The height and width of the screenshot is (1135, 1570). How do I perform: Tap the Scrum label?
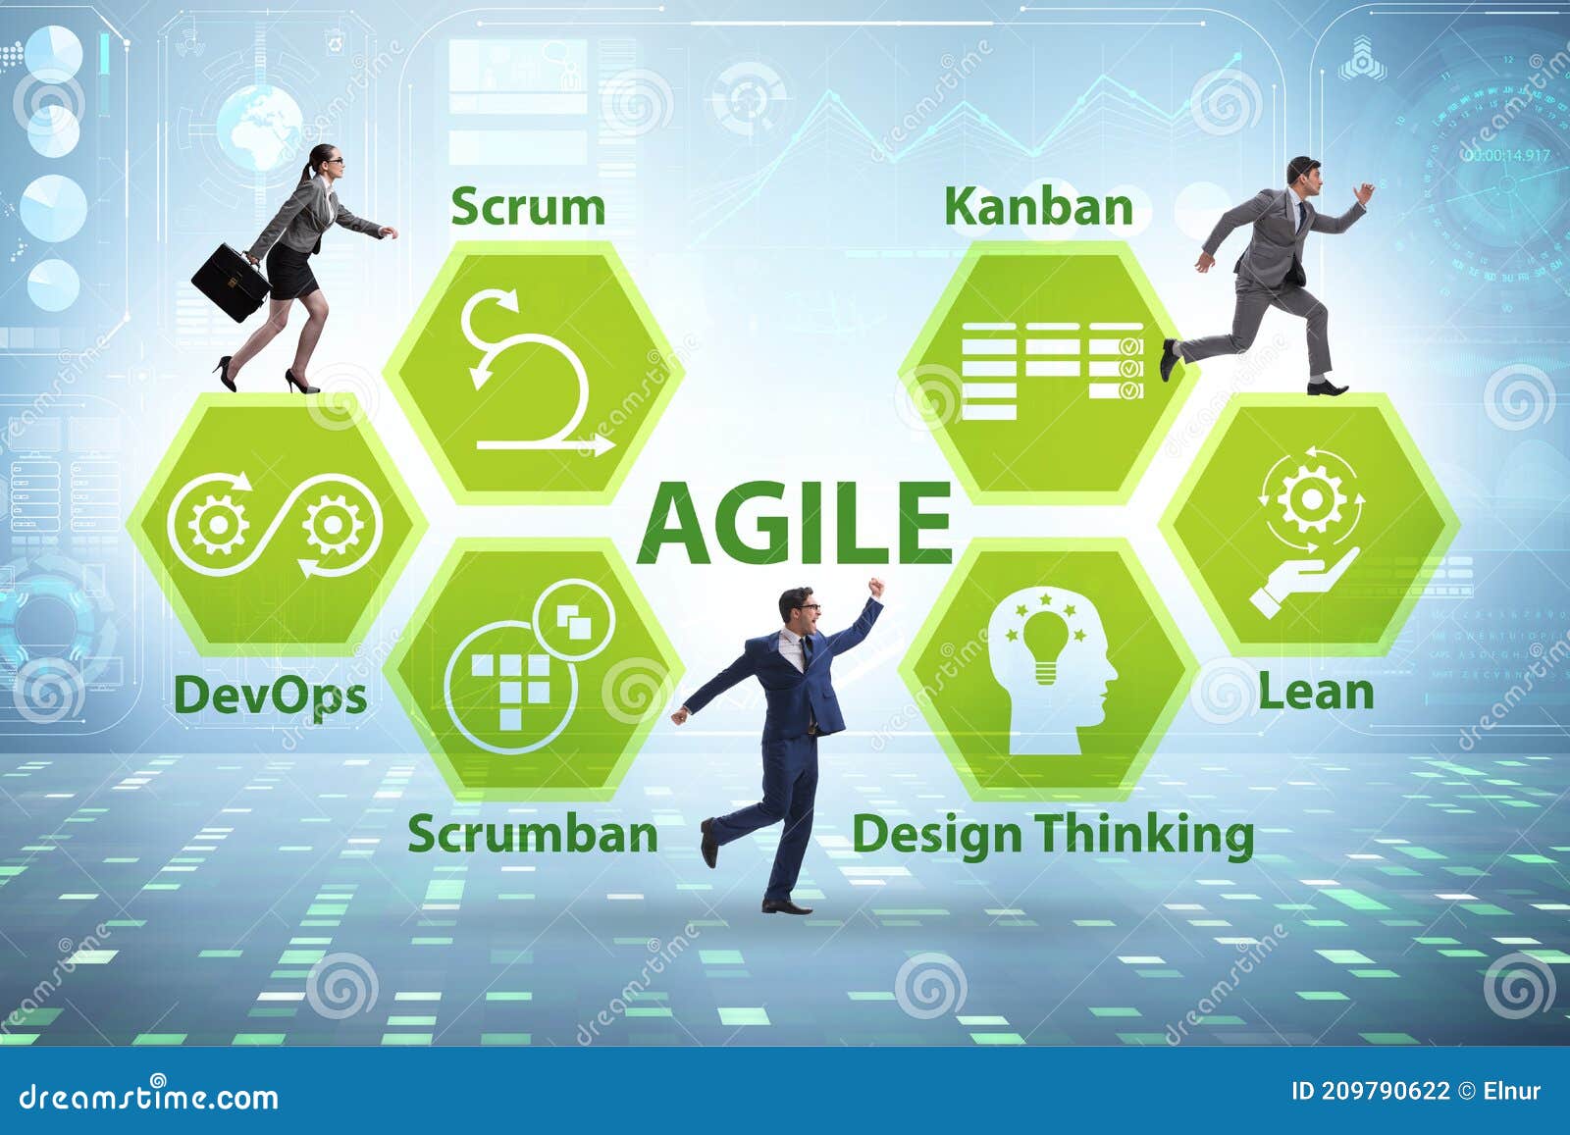tap(528, 207)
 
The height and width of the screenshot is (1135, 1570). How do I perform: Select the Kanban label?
tap(1038, 207)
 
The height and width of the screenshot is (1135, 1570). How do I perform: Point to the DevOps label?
tap(270, 696)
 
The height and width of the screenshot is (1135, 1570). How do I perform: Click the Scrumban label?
tap(533, 834)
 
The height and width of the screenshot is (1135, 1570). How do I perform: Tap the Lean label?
tap(1316, 692)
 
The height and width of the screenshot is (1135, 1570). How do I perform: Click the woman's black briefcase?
tap(231, 282)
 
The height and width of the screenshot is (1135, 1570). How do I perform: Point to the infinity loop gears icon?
tap(274, 525)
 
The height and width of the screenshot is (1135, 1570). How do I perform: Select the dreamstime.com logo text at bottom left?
tap(149, 1096)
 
